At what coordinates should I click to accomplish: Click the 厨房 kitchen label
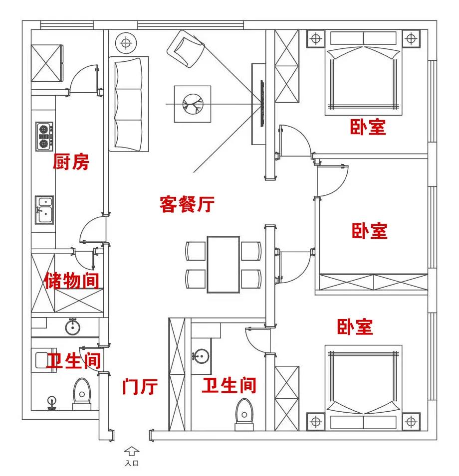click(71, 162)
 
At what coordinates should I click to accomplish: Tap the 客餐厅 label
click(187, 204)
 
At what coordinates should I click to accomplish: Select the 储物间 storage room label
click(71, 280)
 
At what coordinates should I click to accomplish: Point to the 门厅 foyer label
click(140, 386)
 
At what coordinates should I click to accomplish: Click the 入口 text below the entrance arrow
click(132, 464)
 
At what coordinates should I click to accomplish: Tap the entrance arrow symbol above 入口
click(132, 451)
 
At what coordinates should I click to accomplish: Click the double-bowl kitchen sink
click(44, 210)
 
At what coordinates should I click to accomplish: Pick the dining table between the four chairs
click(223, 264)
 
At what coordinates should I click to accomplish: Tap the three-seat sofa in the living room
click(129, 104)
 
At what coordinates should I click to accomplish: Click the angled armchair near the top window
click(186, 48)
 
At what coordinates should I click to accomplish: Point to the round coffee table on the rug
click(192, 104)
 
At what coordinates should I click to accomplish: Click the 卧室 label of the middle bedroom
click(370, 231)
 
